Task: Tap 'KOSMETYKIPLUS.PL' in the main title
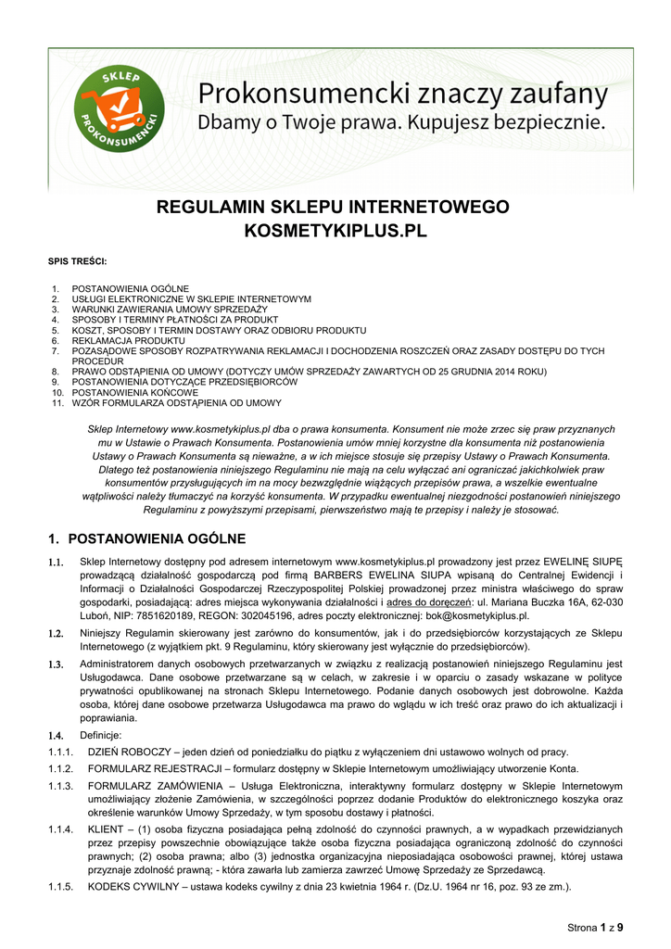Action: pyautogui.click(x=335, y=230)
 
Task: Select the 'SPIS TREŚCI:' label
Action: pyautogui.click(x=77, y=261)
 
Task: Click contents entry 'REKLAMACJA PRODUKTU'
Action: pyautogui.click(x=129, y=340)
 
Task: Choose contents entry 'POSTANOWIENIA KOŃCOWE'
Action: pyautogui.click(x=135, y=392)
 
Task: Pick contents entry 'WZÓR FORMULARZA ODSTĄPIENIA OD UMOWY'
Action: pyautogui.click(x=177, y=402)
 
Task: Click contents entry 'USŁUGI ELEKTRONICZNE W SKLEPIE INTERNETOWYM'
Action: pyautogui.click(x=192, y=299)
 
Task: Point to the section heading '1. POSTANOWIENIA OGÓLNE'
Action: pyautogui.click(x=146, y=538)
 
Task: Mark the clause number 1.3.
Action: pyautogui.click(x=56, y=664)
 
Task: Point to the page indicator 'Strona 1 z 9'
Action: pyautogui.click(x=595, y=927)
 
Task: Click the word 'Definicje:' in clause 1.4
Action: pyautogui.click(x=102, y=735)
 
